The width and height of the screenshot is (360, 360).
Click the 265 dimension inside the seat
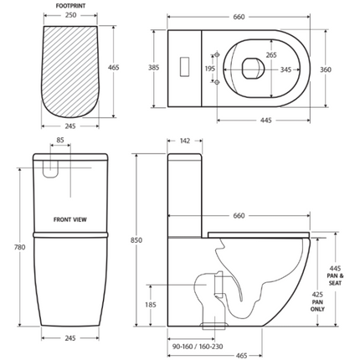click(x=249, y=55)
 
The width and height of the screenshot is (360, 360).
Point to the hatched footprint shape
click(x=71, y=75)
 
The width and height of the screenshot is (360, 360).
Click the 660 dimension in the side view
click(x=239, y=216)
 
